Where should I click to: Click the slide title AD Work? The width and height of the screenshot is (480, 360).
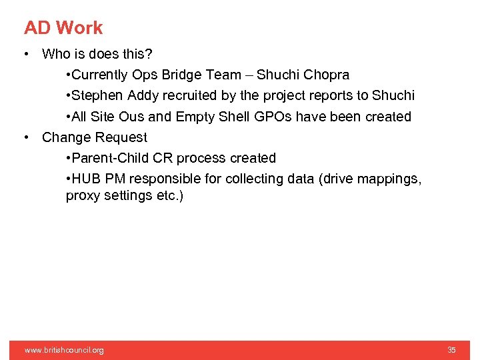63,28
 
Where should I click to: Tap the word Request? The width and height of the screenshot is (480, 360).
121,137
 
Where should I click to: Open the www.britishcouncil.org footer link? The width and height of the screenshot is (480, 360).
64,350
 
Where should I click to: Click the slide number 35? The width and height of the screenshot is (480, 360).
451,350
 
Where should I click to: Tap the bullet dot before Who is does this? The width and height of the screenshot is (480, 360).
25,54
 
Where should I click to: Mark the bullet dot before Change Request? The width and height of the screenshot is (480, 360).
25,137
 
